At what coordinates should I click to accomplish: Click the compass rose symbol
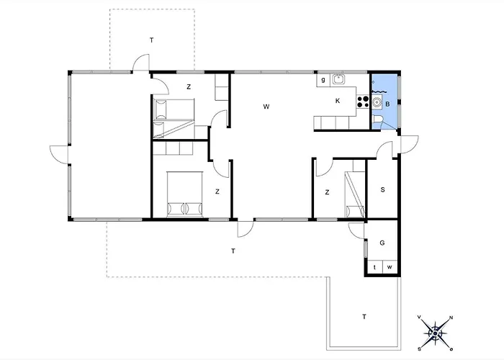click(x=435, y=333)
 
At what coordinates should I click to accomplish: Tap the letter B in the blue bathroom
click(x=387, y=104)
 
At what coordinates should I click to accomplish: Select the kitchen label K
click(x=338, y=101)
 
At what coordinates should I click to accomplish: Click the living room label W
click(x=266, y=107)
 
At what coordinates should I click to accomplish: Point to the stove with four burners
click(x=363, y=102)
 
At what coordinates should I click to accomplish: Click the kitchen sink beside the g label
click(x=338, y=78)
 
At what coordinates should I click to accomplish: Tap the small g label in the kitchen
click(x=323, y=79)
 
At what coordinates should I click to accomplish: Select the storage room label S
click(x=382, y=189)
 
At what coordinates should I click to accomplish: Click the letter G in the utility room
click(x=382, y=243)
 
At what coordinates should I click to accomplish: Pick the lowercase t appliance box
click(x=375, y=267)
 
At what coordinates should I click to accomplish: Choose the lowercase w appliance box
click(x=390, y=267)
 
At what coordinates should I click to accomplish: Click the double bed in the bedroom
click(x=185, y=194)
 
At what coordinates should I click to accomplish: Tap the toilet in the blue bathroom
click(x=377, y=120)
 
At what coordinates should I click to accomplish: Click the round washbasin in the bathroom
click(x=377, y=102)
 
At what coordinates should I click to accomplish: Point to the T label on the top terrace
click(x=151, y=40)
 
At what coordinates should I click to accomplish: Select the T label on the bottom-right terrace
click(x=364, y=317)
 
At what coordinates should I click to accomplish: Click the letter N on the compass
click(x=451, y=318)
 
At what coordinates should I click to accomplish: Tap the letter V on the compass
click(x=419, y=317)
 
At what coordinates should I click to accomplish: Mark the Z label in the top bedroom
click(x=189, y=87)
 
